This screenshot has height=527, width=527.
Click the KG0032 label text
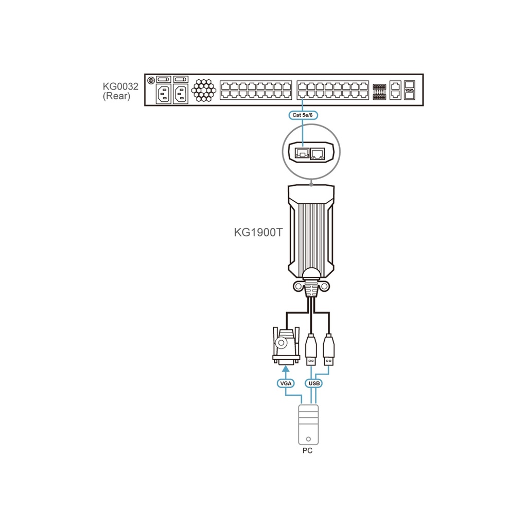(x=121, y=86)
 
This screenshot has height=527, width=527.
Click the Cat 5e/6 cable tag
(x=303, y=115)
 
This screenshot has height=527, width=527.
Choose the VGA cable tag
(x=285, y=383)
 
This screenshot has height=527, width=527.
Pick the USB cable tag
(x=313, y=383)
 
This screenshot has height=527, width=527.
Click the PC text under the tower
(x=307, y=451)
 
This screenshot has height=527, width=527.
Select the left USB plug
(x=310, y=349)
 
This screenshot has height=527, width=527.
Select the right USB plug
(x=329, y=349)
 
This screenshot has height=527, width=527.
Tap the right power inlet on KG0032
(x=181, y=94)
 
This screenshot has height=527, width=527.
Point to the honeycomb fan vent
(x=204, y=90)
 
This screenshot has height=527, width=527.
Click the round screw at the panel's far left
(x=151, y=80)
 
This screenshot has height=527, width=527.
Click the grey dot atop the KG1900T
(x=311, y=183)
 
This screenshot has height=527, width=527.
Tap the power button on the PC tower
(x=308, y=439)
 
